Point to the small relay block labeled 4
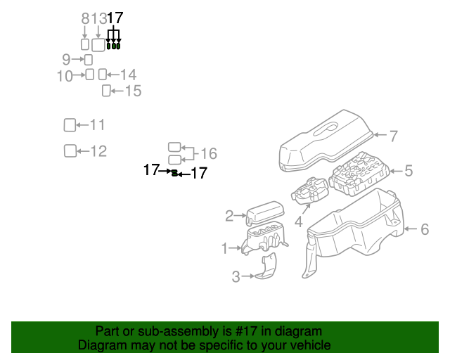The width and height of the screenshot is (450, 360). [x=309, y=191]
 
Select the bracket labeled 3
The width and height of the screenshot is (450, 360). [x=266, y=267]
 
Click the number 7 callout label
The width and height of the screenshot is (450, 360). [x=394, y=136]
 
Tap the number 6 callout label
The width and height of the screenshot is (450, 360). [x=424, y=229]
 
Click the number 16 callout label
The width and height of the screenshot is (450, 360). [x=208, y=154]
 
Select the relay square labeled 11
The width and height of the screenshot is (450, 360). [x=70, y=125]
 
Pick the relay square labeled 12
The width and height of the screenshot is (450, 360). [x=70, y=150]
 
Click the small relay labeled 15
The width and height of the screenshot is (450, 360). [x=107, y=90]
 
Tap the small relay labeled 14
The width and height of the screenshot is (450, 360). [x=102, y=75]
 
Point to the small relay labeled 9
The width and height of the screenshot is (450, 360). [x=89, y=60]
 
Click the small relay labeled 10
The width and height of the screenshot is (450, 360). [x=89, y=75]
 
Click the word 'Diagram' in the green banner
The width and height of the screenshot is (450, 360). [x=98, y=345]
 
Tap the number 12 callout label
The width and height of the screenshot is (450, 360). [x=98, y=151]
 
